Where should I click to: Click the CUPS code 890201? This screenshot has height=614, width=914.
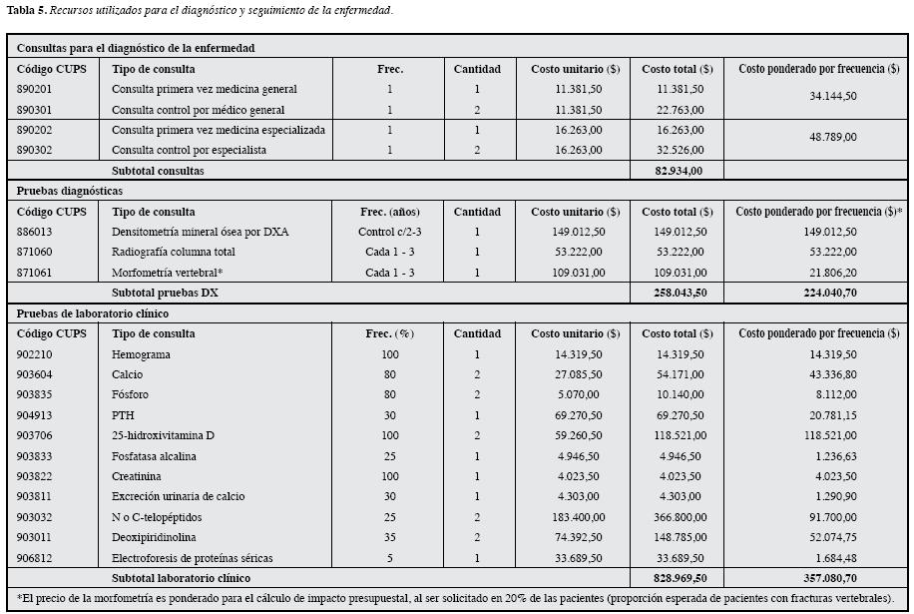click(37, 89)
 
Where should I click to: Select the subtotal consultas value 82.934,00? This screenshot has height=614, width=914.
click(673, 171)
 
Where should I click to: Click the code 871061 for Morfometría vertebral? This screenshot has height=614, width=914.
click(37, 273)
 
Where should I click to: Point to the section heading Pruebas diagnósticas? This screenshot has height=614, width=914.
click(70, 191)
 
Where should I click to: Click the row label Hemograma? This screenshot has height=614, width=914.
click(141, 354)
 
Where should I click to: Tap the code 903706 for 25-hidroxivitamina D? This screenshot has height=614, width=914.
click(37, 436)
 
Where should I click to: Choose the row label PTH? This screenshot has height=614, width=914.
click(123, 415)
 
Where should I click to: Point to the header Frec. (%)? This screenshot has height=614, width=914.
click(390, 333)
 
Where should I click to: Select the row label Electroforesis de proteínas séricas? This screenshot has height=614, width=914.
click(193, 558)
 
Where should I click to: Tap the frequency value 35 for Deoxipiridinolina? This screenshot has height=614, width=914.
click(390, 538)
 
